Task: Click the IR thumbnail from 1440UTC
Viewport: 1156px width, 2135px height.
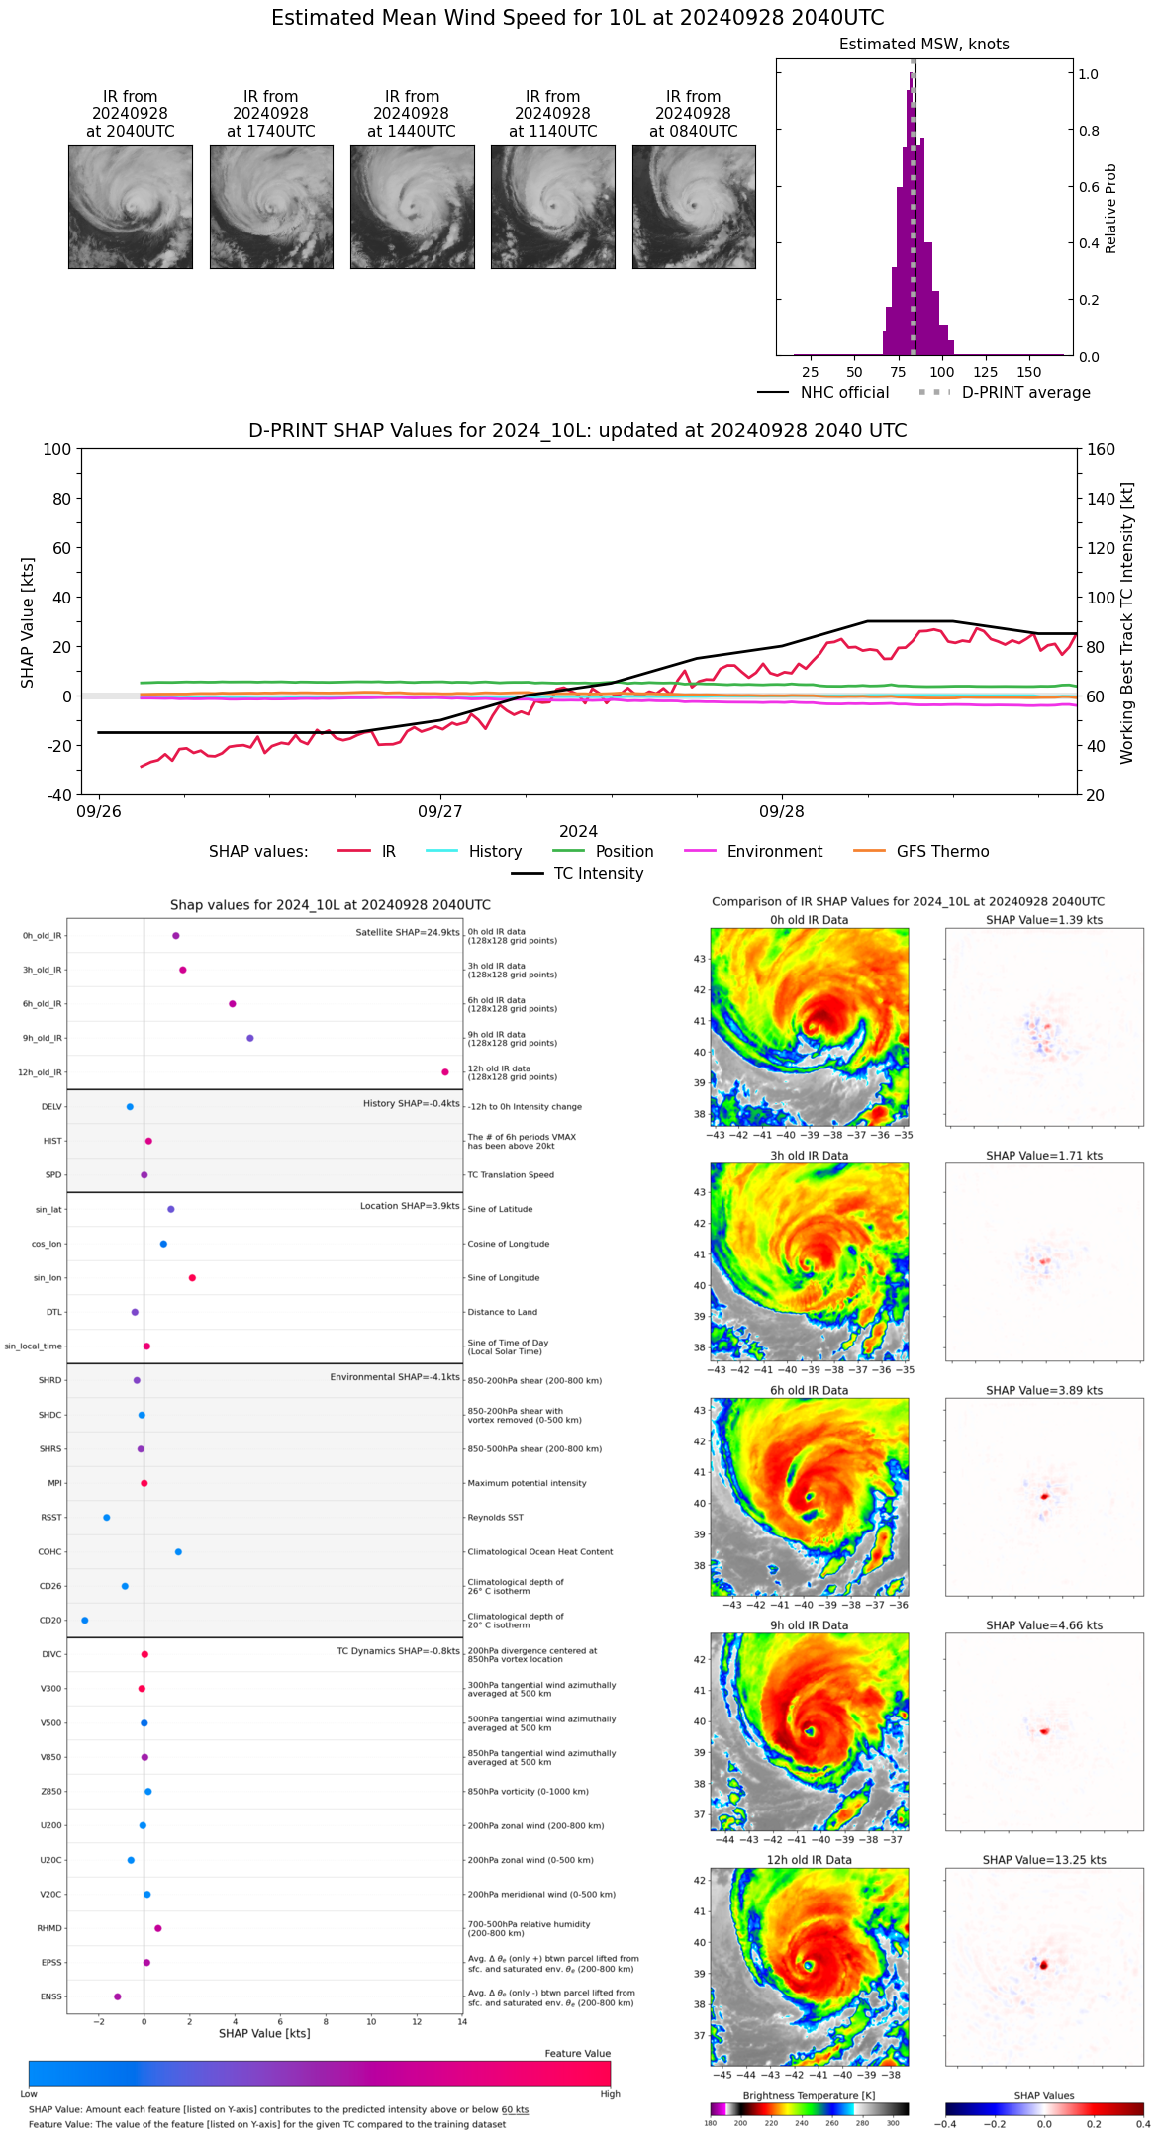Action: tap(412, 207)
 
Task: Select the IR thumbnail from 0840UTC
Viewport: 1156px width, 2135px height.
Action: tap(694, 207)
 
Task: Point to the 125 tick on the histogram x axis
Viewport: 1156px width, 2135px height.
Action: tap(986, 372)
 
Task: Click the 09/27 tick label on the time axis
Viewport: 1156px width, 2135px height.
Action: tap(439, 812)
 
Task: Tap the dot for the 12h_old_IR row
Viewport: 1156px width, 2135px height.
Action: tap(445, 1072)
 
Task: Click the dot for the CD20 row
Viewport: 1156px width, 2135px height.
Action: tap(85, 1621)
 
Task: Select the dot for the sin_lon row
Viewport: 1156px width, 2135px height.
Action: tap(192, 1278)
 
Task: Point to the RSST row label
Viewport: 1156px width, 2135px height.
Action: tap(50, 1518)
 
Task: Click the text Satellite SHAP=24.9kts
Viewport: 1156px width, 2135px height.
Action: tap(408, 933)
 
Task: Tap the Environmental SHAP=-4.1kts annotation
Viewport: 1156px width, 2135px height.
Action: tap(395, 1377)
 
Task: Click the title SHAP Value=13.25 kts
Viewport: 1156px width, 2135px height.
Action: tap(1044, 1860)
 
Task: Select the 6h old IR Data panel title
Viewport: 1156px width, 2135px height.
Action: tap(809, 1390)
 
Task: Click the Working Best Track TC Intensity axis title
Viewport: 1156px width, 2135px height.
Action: tap(1127, 623)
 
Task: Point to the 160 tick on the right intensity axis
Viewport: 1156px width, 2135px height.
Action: tap(1101, 449)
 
